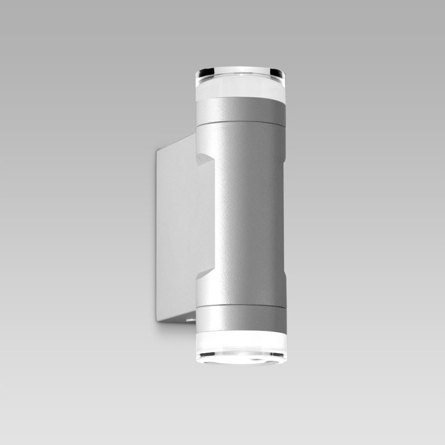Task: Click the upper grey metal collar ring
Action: coord(240,110)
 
